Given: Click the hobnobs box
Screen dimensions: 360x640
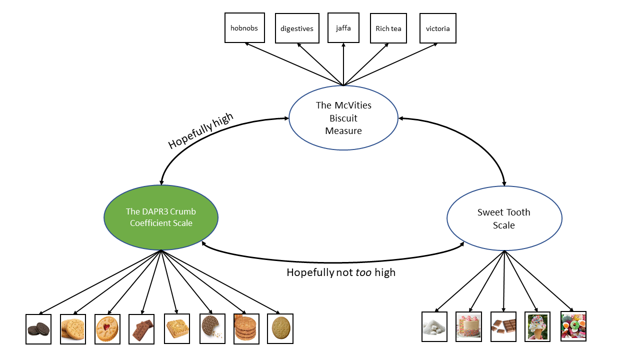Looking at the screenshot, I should [x=244, y=28].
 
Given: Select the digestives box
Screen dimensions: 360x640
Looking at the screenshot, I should [x=297, y=28].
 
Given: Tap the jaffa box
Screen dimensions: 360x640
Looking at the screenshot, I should [x=343, y=28].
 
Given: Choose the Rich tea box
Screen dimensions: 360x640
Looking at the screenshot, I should [x=388, y=28].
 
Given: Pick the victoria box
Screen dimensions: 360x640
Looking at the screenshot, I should [x=437, y=28].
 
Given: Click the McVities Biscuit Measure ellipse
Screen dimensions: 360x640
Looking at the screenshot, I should [x=343, y=118].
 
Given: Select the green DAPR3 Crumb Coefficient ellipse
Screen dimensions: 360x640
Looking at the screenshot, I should [x=161, y=217].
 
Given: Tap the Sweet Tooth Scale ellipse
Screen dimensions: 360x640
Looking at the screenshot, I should [x=504, y=218].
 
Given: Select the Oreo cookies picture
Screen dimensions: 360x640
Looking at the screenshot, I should [x=38, y=329].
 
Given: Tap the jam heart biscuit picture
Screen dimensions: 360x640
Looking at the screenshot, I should [x=107, y=329].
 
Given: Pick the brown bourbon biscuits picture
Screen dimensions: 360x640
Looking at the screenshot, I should [x=141, y=329].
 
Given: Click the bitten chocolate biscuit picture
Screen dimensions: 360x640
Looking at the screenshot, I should [x=212, y=328].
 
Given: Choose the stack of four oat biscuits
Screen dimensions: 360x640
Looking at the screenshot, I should [x=246, y=329].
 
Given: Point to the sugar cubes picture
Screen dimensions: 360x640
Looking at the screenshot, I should [x=434, y=327].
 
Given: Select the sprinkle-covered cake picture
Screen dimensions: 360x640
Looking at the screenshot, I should [x=468, y=327].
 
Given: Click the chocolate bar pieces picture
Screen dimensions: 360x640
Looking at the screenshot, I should [x=503, y=327].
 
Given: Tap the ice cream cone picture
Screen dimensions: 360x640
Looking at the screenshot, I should [x=537, y=327].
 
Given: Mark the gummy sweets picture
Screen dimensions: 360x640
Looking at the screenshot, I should [x=573, y=326].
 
